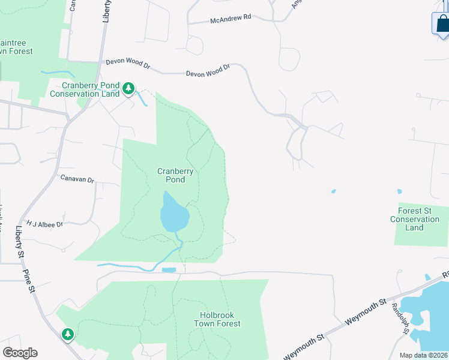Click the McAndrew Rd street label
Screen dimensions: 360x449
tap(231, 19)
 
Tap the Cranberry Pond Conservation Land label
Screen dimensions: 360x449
tap(85, 89)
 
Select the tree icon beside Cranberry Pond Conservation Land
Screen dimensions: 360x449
tap(128, 89)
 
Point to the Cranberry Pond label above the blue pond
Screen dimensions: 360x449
tap(175, 175)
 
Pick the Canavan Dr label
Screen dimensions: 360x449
tap(78, 179)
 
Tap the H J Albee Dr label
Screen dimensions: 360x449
tap(44, 224)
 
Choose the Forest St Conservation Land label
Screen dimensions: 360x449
tap(414, 219)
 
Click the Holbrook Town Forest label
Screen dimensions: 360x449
tap(217, 319)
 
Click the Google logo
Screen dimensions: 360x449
tap(19, 353)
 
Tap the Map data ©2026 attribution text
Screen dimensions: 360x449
tap(424, 355)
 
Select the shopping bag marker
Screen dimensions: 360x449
tap(442, 24)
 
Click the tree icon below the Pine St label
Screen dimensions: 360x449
tap(68, 334)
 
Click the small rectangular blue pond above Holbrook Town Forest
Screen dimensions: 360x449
tap(169, 270)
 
